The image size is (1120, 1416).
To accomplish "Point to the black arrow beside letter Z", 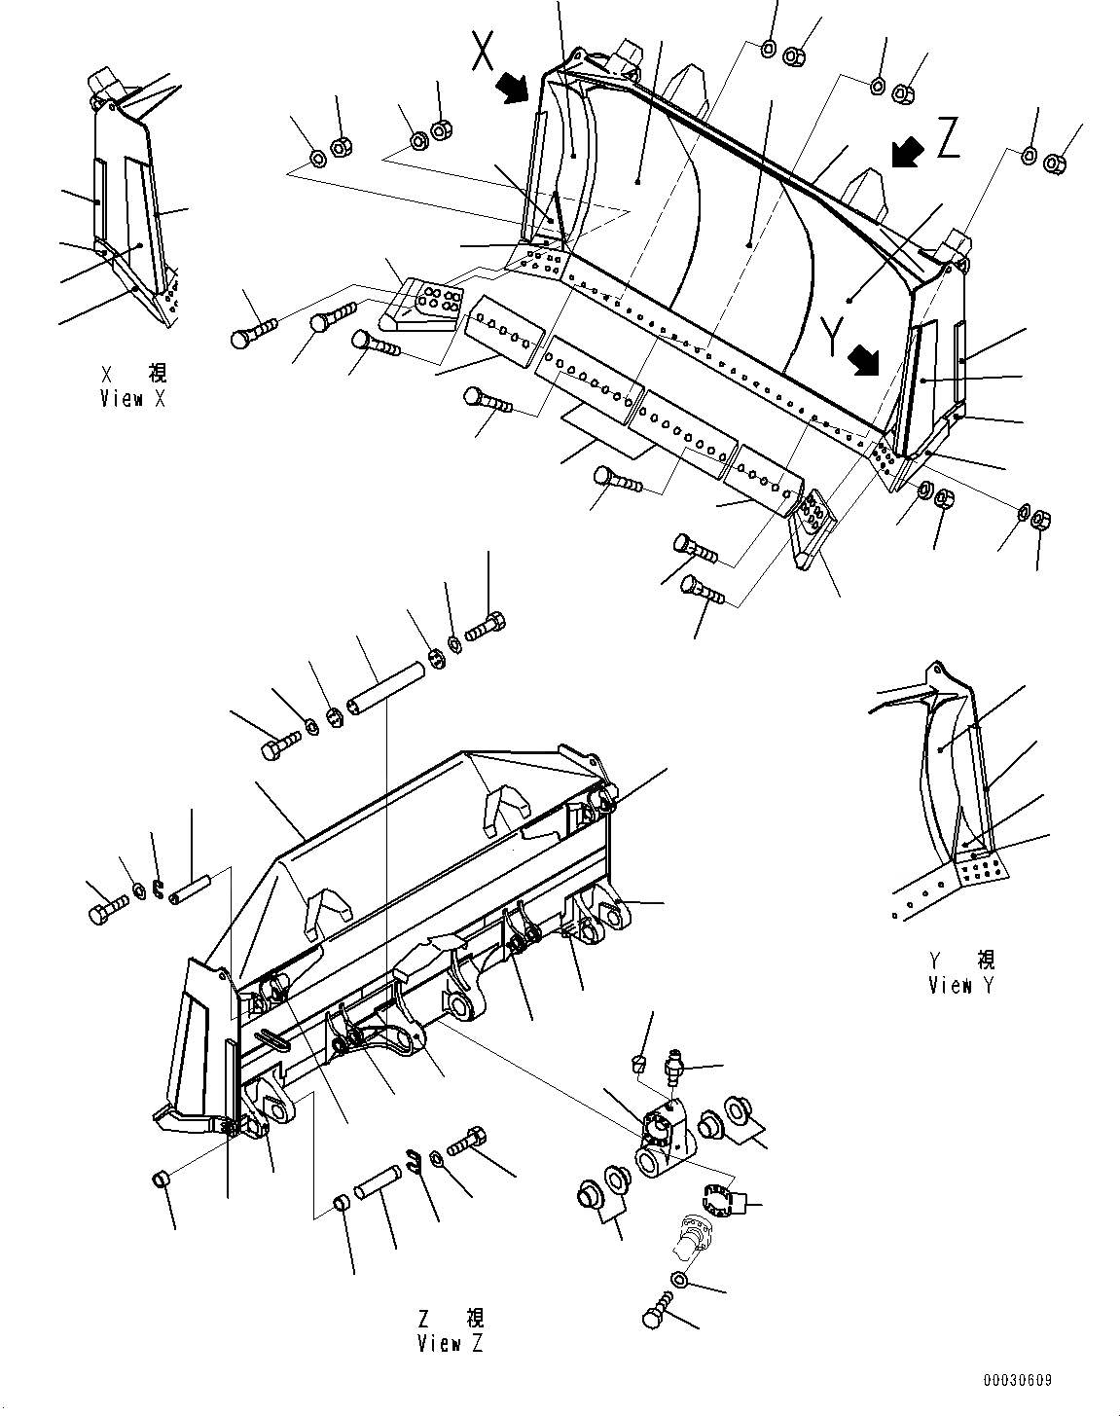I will [x=907, y=151].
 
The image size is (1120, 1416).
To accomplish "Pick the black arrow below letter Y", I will [x=862, y=364].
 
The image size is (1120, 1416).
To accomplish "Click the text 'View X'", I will [x=134, y=399].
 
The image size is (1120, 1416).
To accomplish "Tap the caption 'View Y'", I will [x=961, y=986].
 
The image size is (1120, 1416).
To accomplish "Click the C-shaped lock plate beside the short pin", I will [x=415, y=1160].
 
